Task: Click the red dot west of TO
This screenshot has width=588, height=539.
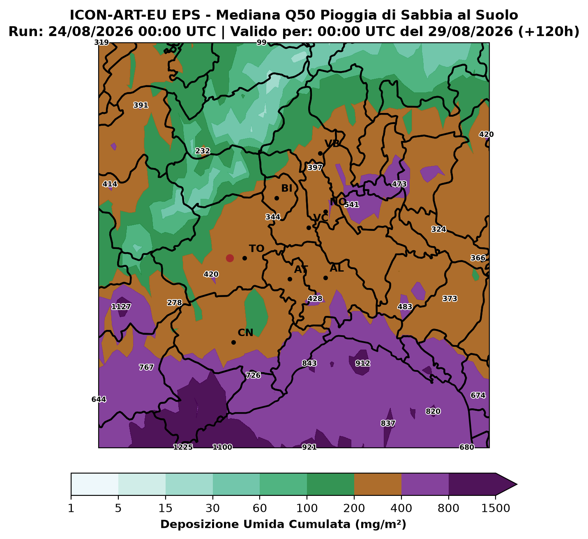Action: [x=230, y=258]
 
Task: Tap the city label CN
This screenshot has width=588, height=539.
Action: [x=245, y=333]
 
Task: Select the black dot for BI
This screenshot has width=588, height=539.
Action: [x=277, y=198]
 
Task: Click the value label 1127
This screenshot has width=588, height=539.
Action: [x=121, y=307]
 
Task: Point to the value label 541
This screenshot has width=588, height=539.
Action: [x=351, y=205]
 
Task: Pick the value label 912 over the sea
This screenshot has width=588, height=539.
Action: [x=362, y=363]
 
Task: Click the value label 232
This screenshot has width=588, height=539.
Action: [x=203, y=151]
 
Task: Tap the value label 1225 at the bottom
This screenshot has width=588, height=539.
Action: [x=183, y=447]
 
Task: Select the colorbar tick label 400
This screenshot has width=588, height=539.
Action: [x=401, y=508]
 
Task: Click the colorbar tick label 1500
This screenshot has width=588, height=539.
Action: [x=496, y=508]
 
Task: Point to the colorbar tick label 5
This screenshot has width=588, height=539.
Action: [x=118, y=508]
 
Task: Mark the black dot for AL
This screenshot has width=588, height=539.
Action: [x=325, y=278]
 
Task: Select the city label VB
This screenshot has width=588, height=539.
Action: [x=332, y=143]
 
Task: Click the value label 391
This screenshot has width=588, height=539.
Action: [x=141, y=105]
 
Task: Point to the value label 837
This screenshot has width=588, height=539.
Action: [x=388, y=423]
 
